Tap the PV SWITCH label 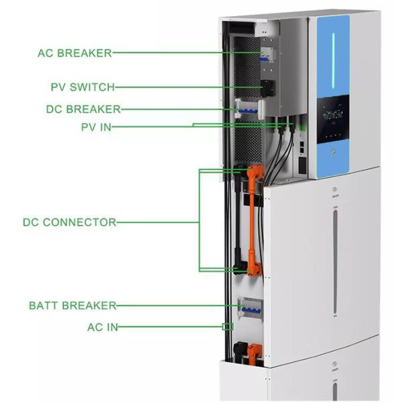point(83,87)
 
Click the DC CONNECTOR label point(70,222)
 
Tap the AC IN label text point(101,328)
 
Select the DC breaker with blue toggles point(247,109)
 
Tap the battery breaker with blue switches point(248,307)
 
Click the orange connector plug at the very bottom point(253,351)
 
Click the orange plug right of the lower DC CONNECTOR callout point(252,269)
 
